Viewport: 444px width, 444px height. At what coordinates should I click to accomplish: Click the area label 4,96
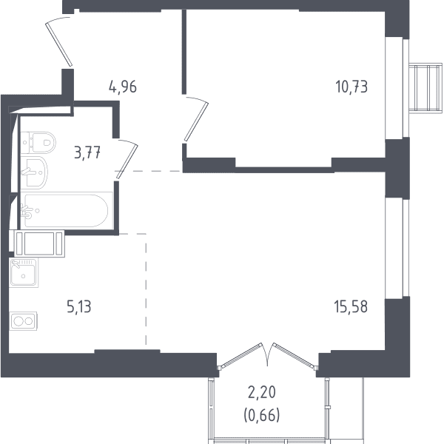tap(123, 87)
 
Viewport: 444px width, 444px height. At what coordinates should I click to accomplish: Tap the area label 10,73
tap(351, 87)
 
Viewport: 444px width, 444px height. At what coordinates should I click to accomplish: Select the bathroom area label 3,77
tap(87, 153)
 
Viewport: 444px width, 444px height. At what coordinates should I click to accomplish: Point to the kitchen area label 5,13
tap(79, 306)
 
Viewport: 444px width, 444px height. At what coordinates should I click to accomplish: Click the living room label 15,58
tap(351, 306)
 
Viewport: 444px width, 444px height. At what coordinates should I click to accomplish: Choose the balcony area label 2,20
tap(262, 393)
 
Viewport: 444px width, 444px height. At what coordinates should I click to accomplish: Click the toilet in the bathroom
tap(38, 142)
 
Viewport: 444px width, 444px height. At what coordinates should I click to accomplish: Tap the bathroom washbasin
tap(34, 172)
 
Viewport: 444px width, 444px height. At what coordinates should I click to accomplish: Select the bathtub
tap(67, 211)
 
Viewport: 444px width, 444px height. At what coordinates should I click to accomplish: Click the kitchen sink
tap(24, 272)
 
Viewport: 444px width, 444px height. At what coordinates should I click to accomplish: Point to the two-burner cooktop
tap(23, 321)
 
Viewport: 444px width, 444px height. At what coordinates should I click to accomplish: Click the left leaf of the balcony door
tap(241, 355)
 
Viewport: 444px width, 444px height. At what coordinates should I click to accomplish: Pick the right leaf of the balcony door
tap(294, 356)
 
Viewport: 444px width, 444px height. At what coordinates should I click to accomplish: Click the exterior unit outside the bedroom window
tap(425, 88)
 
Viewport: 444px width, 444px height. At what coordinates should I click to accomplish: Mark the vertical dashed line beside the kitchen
tap(146, 289)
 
